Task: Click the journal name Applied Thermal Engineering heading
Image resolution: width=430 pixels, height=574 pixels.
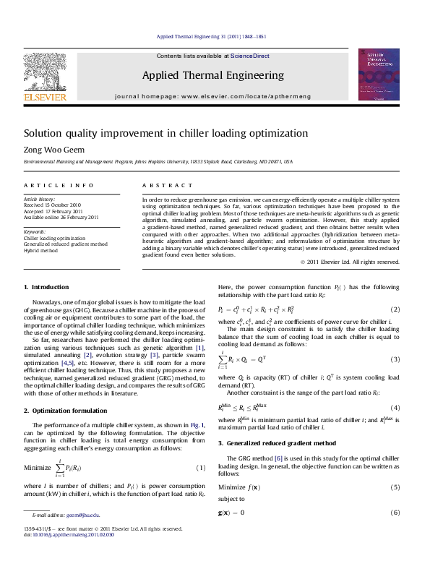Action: (x=213, y=75)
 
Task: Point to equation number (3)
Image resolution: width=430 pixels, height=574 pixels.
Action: (x=395, y=359)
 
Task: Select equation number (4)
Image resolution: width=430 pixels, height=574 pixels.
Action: (x=395, y=408)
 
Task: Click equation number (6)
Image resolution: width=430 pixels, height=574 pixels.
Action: (x=395, y=513)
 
